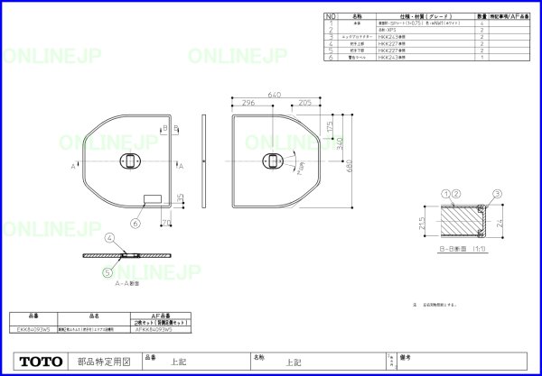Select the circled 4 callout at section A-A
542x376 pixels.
(108, 238)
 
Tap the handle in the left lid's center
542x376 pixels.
(129, 160)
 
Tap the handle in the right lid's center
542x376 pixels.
(272, 160)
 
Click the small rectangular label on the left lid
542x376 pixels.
(152, 198)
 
